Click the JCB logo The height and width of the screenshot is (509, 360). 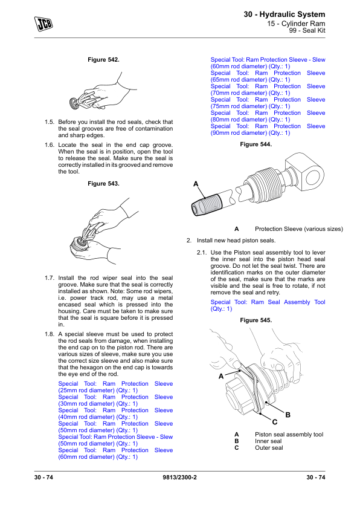(43, 24)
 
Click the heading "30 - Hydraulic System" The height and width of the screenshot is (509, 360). (284, 15)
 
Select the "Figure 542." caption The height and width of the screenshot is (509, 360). (103, 60)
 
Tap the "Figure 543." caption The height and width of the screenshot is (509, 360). (103, 184)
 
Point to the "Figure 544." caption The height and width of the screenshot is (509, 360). (256, 144)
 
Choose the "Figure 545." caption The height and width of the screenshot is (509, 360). (256, 320)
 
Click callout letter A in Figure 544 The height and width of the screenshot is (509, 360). (196, 184)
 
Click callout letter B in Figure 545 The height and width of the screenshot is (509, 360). (288, 415)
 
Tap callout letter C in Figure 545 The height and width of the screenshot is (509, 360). (275, 422)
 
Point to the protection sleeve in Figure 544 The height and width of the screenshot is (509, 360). (206, 204)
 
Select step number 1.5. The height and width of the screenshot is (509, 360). (50, 122)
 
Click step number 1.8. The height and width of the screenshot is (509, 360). (50, 334)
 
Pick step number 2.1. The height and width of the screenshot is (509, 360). (201, 253)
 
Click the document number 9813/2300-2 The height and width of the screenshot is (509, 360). (179, 478)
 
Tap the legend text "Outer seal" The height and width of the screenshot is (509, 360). (269, 448)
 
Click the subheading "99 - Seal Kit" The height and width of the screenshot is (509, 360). (307, 30)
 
